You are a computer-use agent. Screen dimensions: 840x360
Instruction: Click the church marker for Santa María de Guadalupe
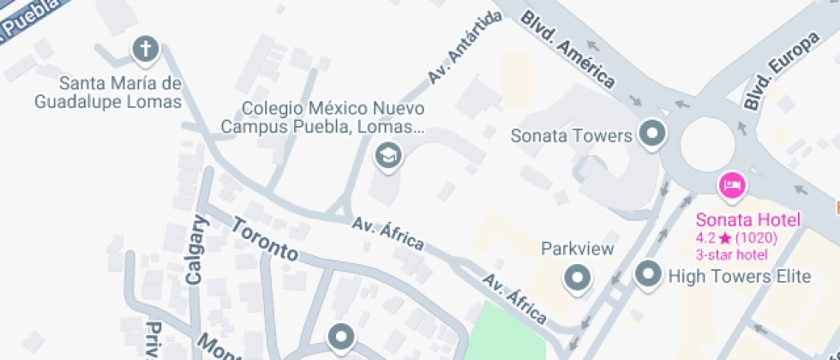click(146, 49)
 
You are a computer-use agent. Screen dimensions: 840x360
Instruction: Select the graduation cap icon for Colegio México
click(389, 156)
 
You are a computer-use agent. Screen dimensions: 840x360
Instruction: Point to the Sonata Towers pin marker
click(654, 135)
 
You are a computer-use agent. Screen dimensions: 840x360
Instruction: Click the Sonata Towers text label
click(571, 135)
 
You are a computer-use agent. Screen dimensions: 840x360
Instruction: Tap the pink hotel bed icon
click(732, 183)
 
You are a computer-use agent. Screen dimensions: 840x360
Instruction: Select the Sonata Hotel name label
click(747, 219)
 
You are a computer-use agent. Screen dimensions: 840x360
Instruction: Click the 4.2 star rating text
click(742, 238)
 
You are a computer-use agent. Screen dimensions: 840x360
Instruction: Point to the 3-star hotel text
click(731, 255)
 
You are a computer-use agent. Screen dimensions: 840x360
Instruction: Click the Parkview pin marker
click(578, 277)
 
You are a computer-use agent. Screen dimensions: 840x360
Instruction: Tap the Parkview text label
click(578, 249)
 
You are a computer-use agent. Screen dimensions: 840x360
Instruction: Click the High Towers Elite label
click(739, 276)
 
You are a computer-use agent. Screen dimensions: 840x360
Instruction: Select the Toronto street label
click(265, 241)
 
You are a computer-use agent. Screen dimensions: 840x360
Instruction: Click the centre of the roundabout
click(709, 146)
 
